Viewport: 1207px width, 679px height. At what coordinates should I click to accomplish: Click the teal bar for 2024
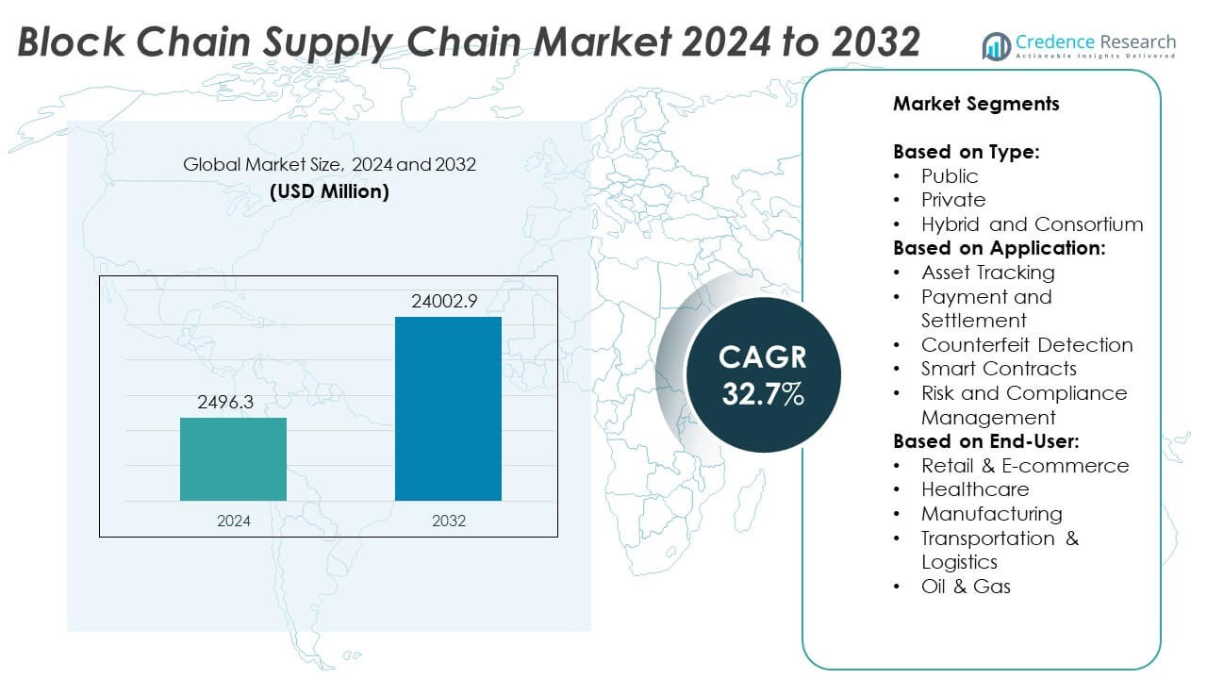coord(233,459)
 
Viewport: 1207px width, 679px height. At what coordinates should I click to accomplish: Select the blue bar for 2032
coord(448,408)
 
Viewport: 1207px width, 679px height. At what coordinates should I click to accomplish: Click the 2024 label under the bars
coord(233,521)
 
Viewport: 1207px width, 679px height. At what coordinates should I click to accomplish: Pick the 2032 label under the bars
coord(448,521)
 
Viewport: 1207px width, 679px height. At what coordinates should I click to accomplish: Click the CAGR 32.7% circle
coord(763,375)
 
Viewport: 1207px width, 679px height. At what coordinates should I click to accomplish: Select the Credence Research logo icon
coord(996,45)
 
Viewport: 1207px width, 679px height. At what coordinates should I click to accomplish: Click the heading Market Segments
coord(976,104)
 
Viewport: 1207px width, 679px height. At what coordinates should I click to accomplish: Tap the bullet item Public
coord(950,176)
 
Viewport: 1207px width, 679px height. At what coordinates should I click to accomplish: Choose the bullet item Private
coord(953,200)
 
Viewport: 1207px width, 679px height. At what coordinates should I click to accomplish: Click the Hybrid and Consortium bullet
coord(1032,224)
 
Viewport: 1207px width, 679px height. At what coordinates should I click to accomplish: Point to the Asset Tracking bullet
coord(987,273)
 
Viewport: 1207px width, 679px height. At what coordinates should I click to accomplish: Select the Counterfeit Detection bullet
coord(1027,345)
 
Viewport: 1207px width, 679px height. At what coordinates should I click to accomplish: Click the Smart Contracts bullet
coord(999,369)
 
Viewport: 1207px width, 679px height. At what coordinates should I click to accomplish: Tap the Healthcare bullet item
coord(975,489)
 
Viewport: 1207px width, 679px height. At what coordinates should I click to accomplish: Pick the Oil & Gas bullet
coord(966,587)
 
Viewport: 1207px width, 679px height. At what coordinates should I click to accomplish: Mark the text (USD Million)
coord(329,191)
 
